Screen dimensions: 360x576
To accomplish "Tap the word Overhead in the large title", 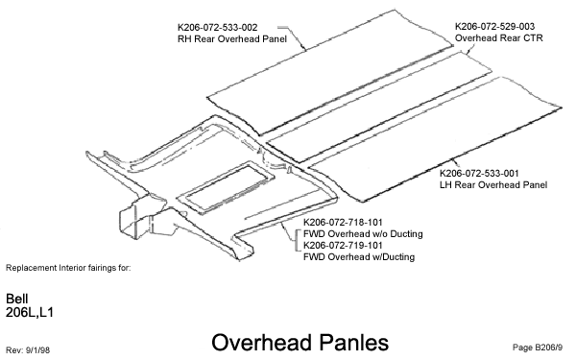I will (x=253, y=341).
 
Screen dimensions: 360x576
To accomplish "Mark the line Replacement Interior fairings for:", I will (x=67, y=266).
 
